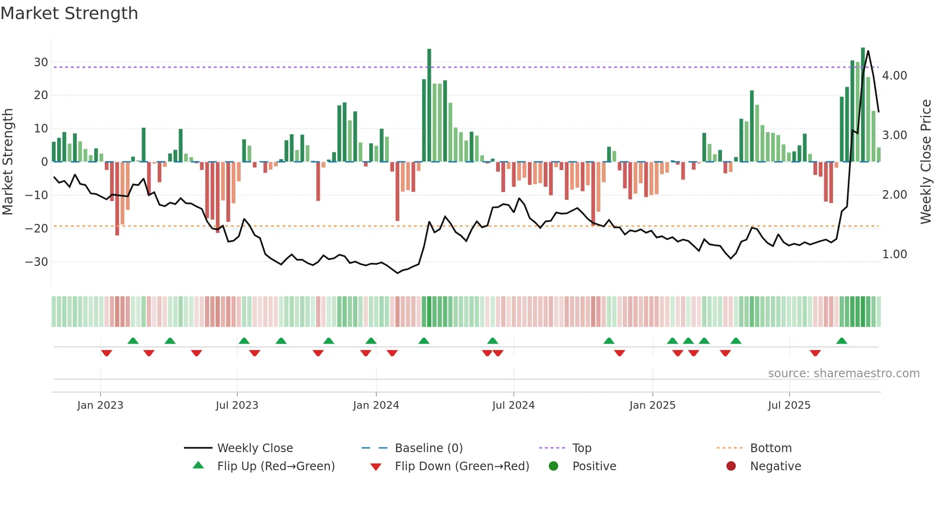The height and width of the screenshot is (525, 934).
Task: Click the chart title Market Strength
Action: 70,13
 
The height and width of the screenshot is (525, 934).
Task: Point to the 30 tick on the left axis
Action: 41,62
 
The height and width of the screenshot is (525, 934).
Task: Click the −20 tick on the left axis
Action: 36,229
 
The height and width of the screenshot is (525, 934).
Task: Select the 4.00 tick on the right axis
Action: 894,76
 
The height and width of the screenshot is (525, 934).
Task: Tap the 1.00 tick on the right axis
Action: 894,254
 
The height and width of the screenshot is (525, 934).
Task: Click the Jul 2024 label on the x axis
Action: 513,405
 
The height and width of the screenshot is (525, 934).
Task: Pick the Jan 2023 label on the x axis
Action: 100,405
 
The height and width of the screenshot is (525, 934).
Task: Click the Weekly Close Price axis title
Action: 925,162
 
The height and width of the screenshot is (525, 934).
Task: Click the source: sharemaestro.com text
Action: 843,374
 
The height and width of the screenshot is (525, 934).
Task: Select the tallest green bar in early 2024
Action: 429,105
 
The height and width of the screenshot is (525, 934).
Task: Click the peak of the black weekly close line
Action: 868,51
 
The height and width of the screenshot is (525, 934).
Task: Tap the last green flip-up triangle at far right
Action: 842,341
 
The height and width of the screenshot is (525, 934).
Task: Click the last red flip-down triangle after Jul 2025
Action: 815,353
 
